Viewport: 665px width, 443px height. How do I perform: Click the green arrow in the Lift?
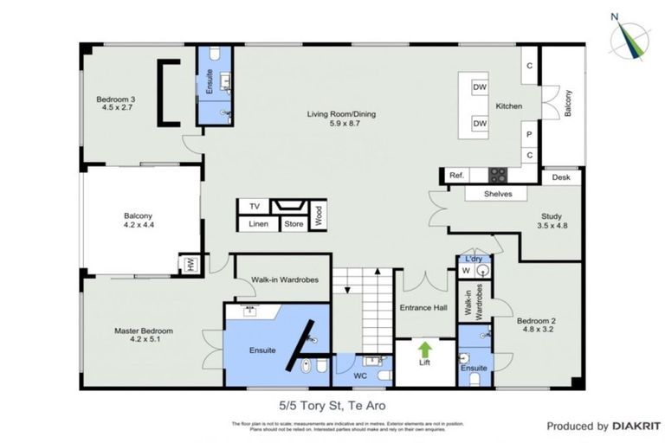[x=425, y=350]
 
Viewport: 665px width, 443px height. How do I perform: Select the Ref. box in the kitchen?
[x=456, y=176]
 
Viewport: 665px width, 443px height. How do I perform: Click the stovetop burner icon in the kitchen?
[x=497, y=175]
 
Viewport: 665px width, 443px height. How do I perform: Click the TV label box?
[x=254, y=207]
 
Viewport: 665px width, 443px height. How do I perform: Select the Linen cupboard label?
[x=258, y=224]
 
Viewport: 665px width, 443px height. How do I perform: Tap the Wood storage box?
[x=318, y=214]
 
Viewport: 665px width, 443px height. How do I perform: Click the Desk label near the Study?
[x=561, y=177]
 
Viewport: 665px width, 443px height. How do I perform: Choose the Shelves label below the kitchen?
[x=498, y=194]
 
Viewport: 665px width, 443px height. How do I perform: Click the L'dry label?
[x=474, y=259]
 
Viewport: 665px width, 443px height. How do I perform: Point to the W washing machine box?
[x=466, y=271]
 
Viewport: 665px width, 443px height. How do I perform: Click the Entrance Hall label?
[x=423, y=308]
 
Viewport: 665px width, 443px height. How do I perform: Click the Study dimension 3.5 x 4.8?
[x=552, y=227]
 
